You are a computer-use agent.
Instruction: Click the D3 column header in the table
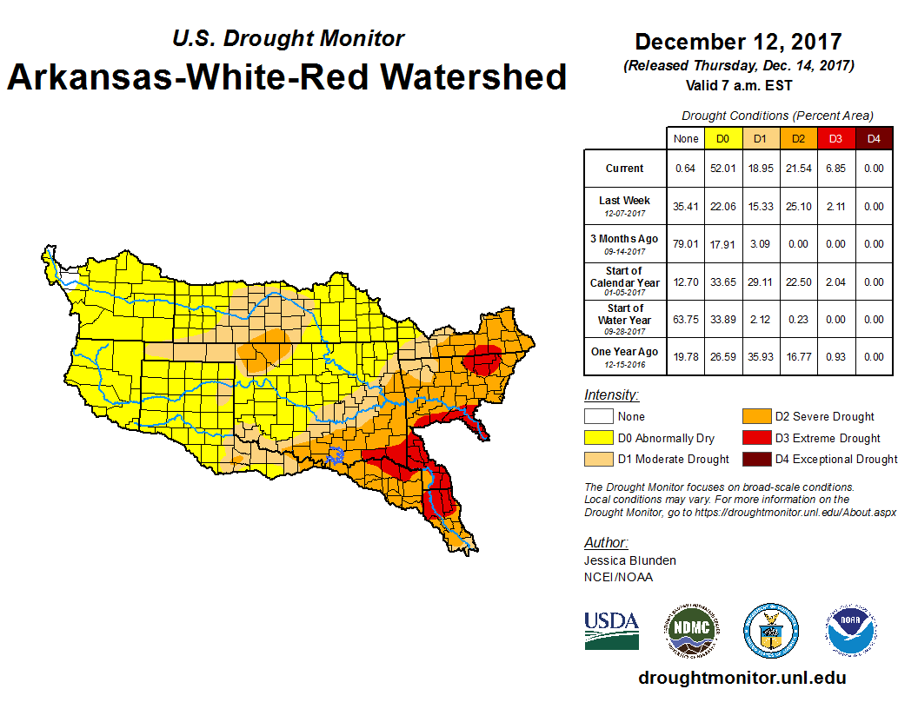click(x=835, y=139)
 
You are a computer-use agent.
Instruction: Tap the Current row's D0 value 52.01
click(x=723, y=169)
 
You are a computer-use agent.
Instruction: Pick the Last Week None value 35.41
click(x=686, y=206)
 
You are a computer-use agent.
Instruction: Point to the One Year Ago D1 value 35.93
click(x=761, y=356)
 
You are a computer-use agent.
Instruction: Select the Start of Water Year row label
click(x=625, y=318)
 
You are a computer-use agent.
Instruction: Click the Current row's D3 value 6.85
click(x=835, y=169)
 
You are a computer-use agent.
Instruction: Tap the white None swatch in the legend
click(x=598, y=417)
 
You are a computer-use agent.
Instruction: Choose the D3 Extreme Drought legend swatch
click(x=755, y=438)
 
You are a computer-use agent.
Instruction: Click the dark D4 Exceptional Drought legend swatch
click(x=755, y=459)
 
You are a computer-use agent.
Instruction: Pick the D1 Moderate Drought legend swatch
click(x=598, y=459)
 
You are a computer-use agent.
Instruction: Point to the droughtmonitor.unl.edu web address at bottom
click(x=742, y=678)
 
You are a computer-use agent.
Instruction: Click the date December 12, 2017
click(x=738, y=42)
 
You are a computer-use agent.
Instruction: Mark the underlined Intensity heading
click(x=611, y=395)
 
